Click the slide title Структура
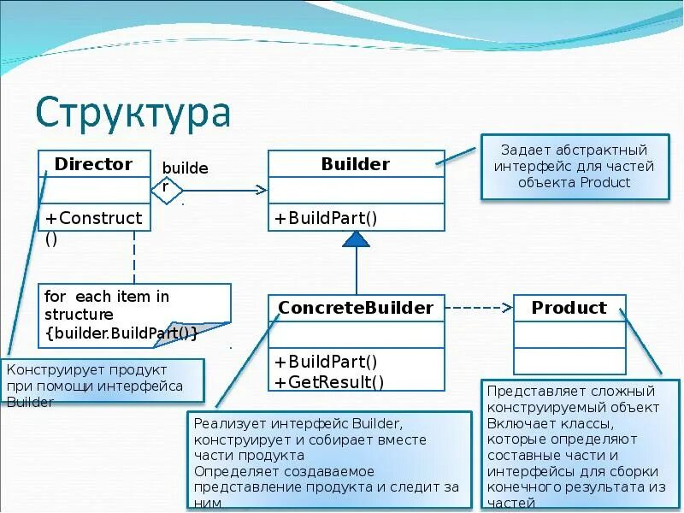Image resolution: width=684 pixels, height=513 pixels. click(133, 113)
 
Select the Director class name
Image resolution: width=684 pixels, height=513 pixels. click(93, 163)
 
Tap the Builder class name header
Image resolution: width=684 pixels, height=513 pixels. click(356, 163)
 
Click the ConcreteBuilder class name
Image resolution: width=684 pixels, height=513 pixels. click(356, 307)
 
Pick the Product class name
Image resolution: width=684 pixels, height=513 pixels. click(569, 307)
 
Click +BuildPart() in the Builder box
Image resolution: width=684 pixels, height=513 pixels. click(326, 218)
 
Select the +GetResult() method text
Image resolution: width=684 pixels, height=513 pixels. click(329, 381)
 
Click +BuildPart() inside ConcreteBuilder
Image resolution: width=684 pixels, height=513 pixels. click(326, 362)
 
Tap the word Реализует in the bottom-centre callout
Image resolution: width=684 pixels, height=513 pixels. click(230, 422)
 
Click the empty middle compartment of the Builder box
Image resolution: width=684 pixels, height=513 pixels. click(356, 190)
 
